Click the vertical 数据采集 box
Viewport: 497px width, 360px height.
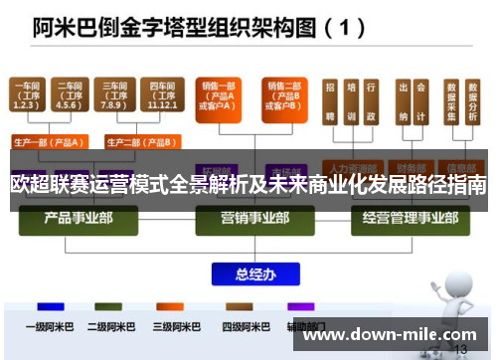tap(450, 102)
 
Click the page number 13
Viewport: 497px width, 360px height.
tap(460, 350)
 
